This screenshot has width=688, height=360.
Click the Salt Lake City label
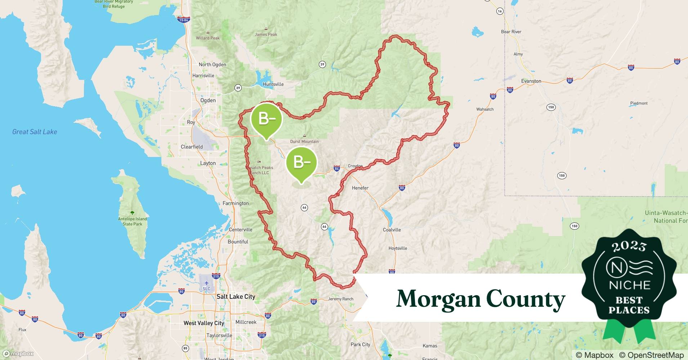coord(236,297)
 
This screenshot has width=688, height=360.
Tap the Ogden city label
coord(208,100)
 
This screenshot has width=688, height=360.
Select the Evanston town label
coord(531,81)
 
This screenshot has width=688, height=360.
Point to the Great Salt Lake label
coord(35,132)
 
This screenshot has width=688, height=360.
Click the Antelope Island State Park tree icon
coord(132,213)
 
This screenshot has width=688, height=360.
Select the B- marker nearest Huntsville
coord(266,119)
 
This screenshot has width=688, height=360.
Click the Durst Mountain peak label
coord(304,141)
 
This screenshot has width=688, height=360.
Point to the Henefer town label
coord(360,188)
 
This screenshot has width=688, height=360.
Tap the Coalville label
coord(392,230)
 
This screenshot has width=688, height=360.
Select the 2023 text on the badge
coord(629,246)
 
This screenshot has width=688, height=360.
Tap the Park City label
coord(360,345)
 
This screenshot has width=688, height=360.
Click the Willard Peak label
coord(207,38)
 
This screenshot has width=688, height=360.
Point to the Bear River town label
coord(511,32)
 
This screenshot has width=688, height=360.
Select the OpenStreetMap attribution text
coord(651,355)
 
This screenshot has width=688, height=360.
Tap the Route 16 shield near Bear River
coord(500,11)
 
